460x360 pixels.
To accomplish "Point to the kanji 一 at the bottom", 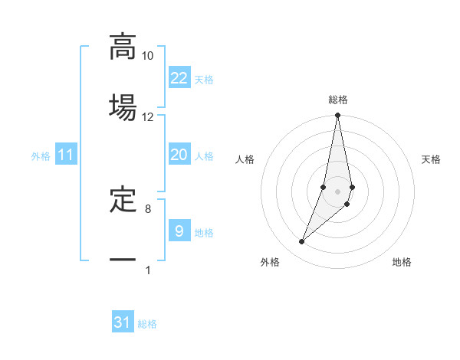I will click(x=123, y=260).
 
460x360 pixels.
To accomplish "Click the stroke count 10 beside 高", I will click(x=147, y=56).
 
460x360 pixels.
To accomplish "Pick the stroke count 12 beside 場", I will click(x=147, y=116).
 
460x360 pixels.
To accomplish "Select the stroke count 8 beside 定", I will click(x=148, y=208).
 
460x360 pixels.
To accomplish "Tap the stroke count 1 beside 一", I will click(x=148, y=270).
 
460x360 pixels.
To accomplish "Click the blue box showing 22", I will click(x=179, y=77).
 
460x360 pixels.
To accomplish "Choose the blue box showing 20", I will click(x=179, y=155).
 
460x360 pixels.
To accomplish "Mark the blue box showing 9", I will click(x=179, y=230).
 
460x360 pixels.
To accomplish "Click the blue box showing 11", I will click(x=66, y=155).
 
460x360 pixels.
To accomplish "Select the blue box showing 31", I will click(x=123, y=322).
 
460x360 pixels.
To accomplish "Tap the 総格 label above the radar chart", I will click(x=338, y=100).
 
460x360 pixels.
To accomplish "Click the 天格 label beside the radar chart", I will click(x=432, y=159).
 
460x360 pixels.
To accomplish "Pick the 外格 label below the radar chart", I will click(x=270, y=262).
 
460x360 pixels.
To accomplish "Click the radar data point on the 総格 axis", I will click(x=338, y=116).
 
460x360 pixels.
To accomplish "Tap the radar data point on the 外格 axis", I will click(x=301, y=242).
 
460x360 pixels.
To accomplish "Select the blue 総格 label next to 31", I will click(x=147, y=324).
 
